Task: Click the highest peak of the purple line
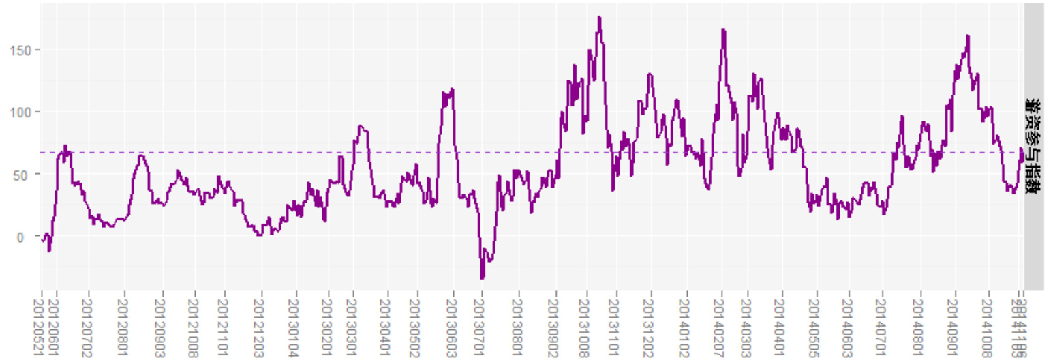coord(599,17)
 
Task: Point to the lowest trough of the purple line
coord(482,278)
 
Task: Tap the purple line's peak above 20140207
coord(723,29)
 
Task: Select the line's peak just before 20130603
coord(452,89)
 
